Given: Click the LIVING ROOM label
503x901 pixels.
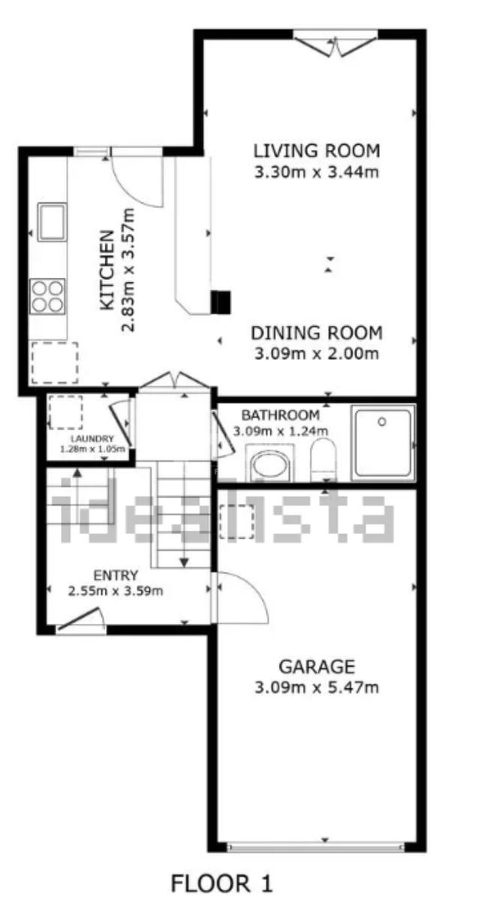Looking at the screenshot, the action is (316, 150).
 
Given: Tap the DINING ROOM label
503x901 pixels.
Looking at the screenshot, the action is (316, 333).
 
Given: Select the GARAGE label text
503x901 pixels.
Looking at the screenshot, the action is (317, 667).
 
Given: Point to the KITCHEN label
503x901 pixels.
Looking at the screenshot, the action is (107, 270).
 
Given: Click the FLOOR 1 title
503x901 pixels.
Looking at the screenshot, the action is (222, 883).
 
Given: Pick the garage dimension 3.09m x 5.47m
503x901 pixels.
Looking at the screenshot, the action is (317, 688).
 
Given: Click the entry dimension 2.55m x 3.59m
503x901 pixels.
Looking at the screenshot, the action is (116, 591).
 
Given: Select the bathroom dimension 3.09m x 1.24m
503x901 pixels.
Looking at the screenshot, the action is (281, 431).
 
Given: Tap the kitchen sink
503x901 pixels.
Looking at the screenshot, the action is (53, 222).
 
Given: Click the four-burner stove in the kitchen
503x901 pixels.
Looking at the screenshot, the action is (48, 297).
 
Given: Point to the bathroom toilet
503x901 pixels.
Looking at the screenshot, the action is (324, 460).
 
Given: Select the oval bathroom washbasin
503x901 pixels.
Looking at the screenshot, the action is (270, 466).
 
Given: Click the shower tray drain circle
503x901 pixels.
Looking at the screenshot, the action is (382, 421).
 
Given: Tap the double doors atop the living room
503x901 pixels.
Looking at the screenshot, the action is (336, 47).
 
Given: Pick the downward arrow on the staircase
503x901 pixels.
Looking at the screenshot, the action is (184, 562).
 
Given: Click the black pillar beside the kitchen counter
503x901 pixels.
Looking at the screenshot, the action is (221, 302).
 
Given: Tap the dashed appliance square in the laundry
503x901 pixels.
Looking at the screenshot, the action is (66, 412).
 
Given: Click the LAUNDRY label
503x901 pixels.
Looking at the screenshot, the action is (92, 438).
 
